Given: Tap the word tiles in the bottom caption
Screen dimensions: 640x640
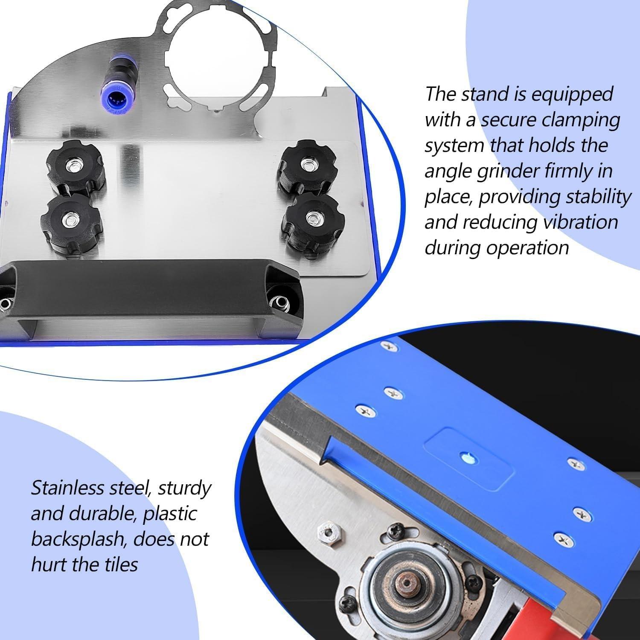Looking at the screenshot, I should (119, 564).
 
